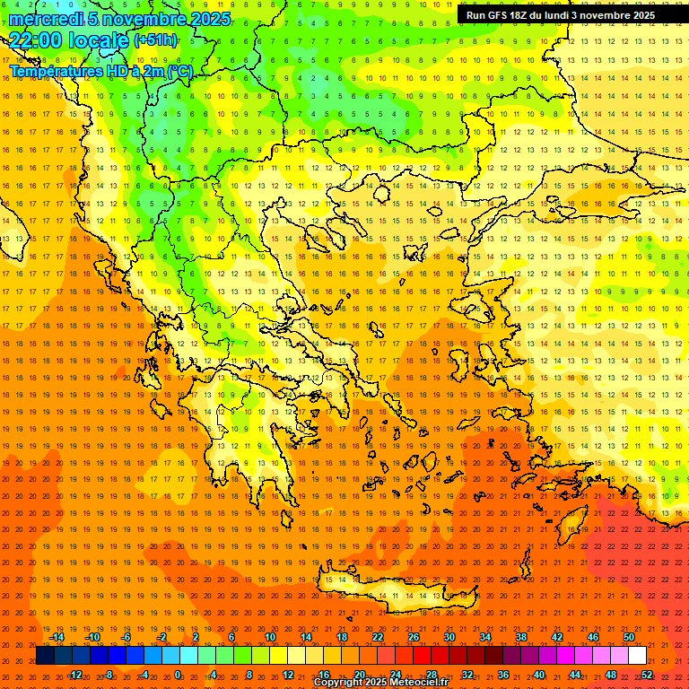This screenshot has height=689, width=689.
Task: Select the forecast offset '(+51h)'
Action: point(154,40)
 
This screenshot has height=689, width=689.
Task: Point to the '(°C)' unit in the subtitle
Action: point(179,71)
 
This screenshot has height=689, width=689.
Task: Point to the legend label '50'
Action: point(628,637)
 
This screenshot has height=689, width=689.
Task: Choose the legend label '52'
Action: point(647,675)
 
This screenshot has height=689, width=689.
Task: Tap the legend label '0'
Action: point(178,675)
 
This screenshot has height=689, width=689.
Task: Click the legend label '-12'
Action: point(74,675)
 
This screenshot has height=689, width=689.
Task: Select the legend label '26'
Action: point(414,637)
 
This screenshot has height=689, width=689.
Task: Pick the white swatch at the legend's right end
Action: point(637,656)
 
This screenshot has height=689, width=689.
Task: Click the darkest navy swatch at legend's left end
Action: point(45,656)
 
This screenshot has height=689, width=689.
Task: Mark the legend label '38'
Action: point(520,637)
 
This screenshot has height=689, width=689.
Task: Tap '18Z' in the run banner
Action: point(521,15)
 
